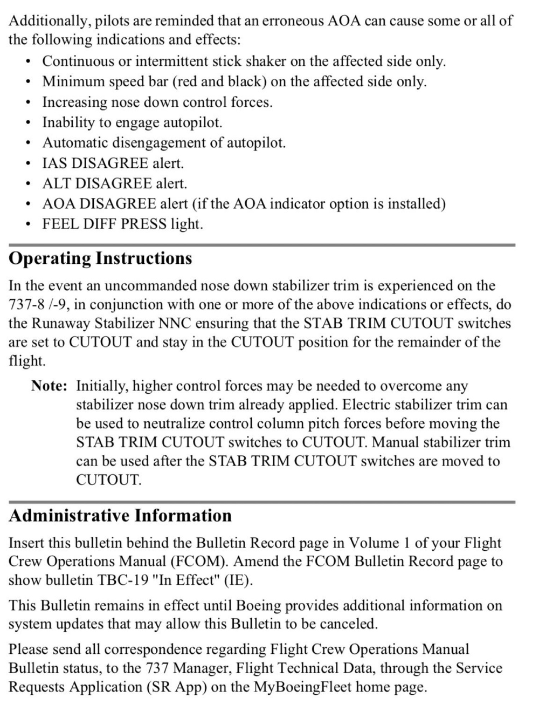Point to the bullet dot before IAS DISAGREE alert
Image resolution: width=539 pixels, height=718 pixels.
[x=27, y=163]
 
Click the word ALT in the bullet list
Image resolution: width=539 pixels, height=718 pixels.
[x=57, y=183]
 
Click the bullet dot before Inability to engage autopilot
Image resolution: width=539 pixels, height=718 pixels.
[x=27, y=123]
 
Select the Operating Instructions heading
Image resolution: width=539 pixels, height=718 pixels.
[x=100, y=258]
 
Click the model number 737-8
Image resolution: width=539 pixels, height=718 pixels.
[x=26, y=304]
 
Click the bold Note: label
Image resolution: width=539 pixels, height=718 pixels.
[x=49, y=386]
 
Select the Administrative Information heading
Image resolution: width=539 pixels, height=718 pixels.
[x=120, y=516]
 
